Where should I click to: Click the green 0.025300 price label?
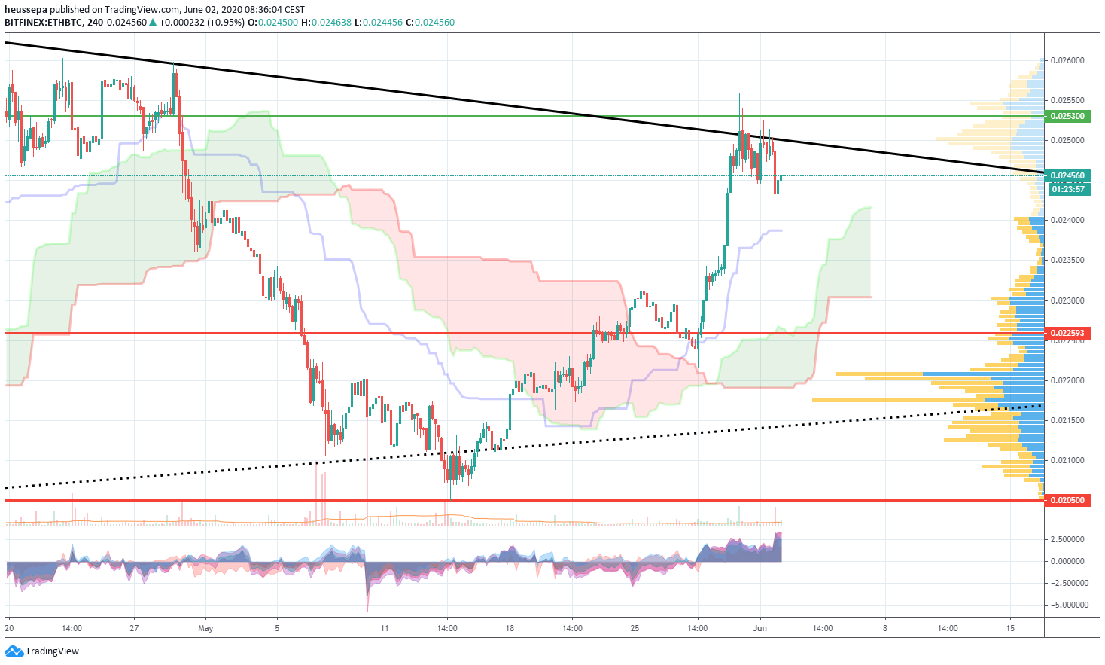(1068, 116)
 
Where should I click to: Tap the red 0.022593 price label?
(1068, 333)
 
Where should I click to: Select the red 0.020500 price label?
(1068, 500)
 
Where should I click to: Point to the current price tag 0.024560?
(1068, 175)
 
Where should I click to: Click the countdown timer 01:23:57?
(1068, 189)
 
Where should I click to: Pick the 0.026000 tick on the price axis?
(1068, 60)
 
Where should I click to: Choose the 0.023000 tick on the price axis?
(1068, 300)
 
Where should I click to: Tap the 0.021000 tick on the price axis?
(1068, 460)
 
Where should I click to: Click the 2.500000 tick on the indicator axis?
(1068, 539)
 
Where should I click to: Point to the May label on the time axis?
(205, 628)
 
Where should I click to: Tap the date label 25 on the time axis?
(635, 628)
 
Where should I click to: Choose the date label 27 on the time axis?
(133, 628)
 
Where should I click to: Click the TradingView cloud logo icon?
(14, 651)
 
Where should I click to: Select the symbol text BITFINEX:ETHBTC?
(44, 23)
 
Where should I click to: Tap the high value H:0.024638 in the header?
(326, 23)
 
